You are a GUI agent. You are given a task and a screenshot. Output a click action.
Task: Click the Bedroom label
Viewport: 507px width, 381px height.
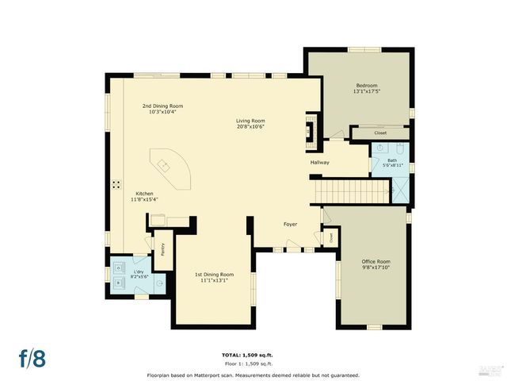pos(366,85)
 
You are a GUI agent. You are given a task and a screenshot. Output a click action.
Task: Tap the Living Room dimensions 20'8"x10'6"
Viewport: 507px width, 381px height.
pos(250,127)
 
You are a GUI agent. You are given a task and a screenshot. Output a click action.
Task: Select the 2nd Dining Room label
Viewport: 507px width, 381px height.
pos(162,106)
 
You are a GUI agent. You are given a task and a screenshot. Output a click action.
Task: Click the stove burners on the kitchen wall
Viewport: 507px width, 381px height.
pos(116,184)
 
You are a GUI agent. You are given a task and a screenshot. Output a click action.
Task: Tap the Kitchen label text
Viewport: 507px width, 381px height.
pos(143,194)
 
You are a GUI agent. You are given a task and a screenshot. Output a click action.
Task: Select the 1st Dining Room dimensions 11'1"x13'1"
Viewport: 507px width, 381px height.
pos(215,280)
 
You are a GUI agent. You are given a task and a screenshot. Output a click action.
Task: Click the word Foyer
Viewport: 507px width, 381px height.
pos(290,224)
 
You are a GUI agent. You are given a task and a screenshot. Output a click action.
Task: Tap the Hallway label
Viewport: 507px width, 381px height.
pos(319,163)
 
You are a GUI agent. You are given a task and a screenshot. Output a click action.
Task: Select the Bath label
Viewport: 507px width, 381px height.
pos(391,160)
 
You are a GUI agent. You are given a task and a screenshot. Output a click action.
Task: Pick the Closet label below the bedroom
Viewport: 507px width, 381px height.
pos(380,133)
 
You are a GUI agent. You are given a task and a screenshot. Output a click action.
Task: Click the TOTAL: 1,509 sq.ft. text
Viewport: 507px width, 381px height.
pos(253,354)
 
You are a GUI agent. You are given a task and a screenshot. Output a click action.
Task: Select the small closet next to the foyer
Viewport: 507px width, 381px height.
pos(329,236)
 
